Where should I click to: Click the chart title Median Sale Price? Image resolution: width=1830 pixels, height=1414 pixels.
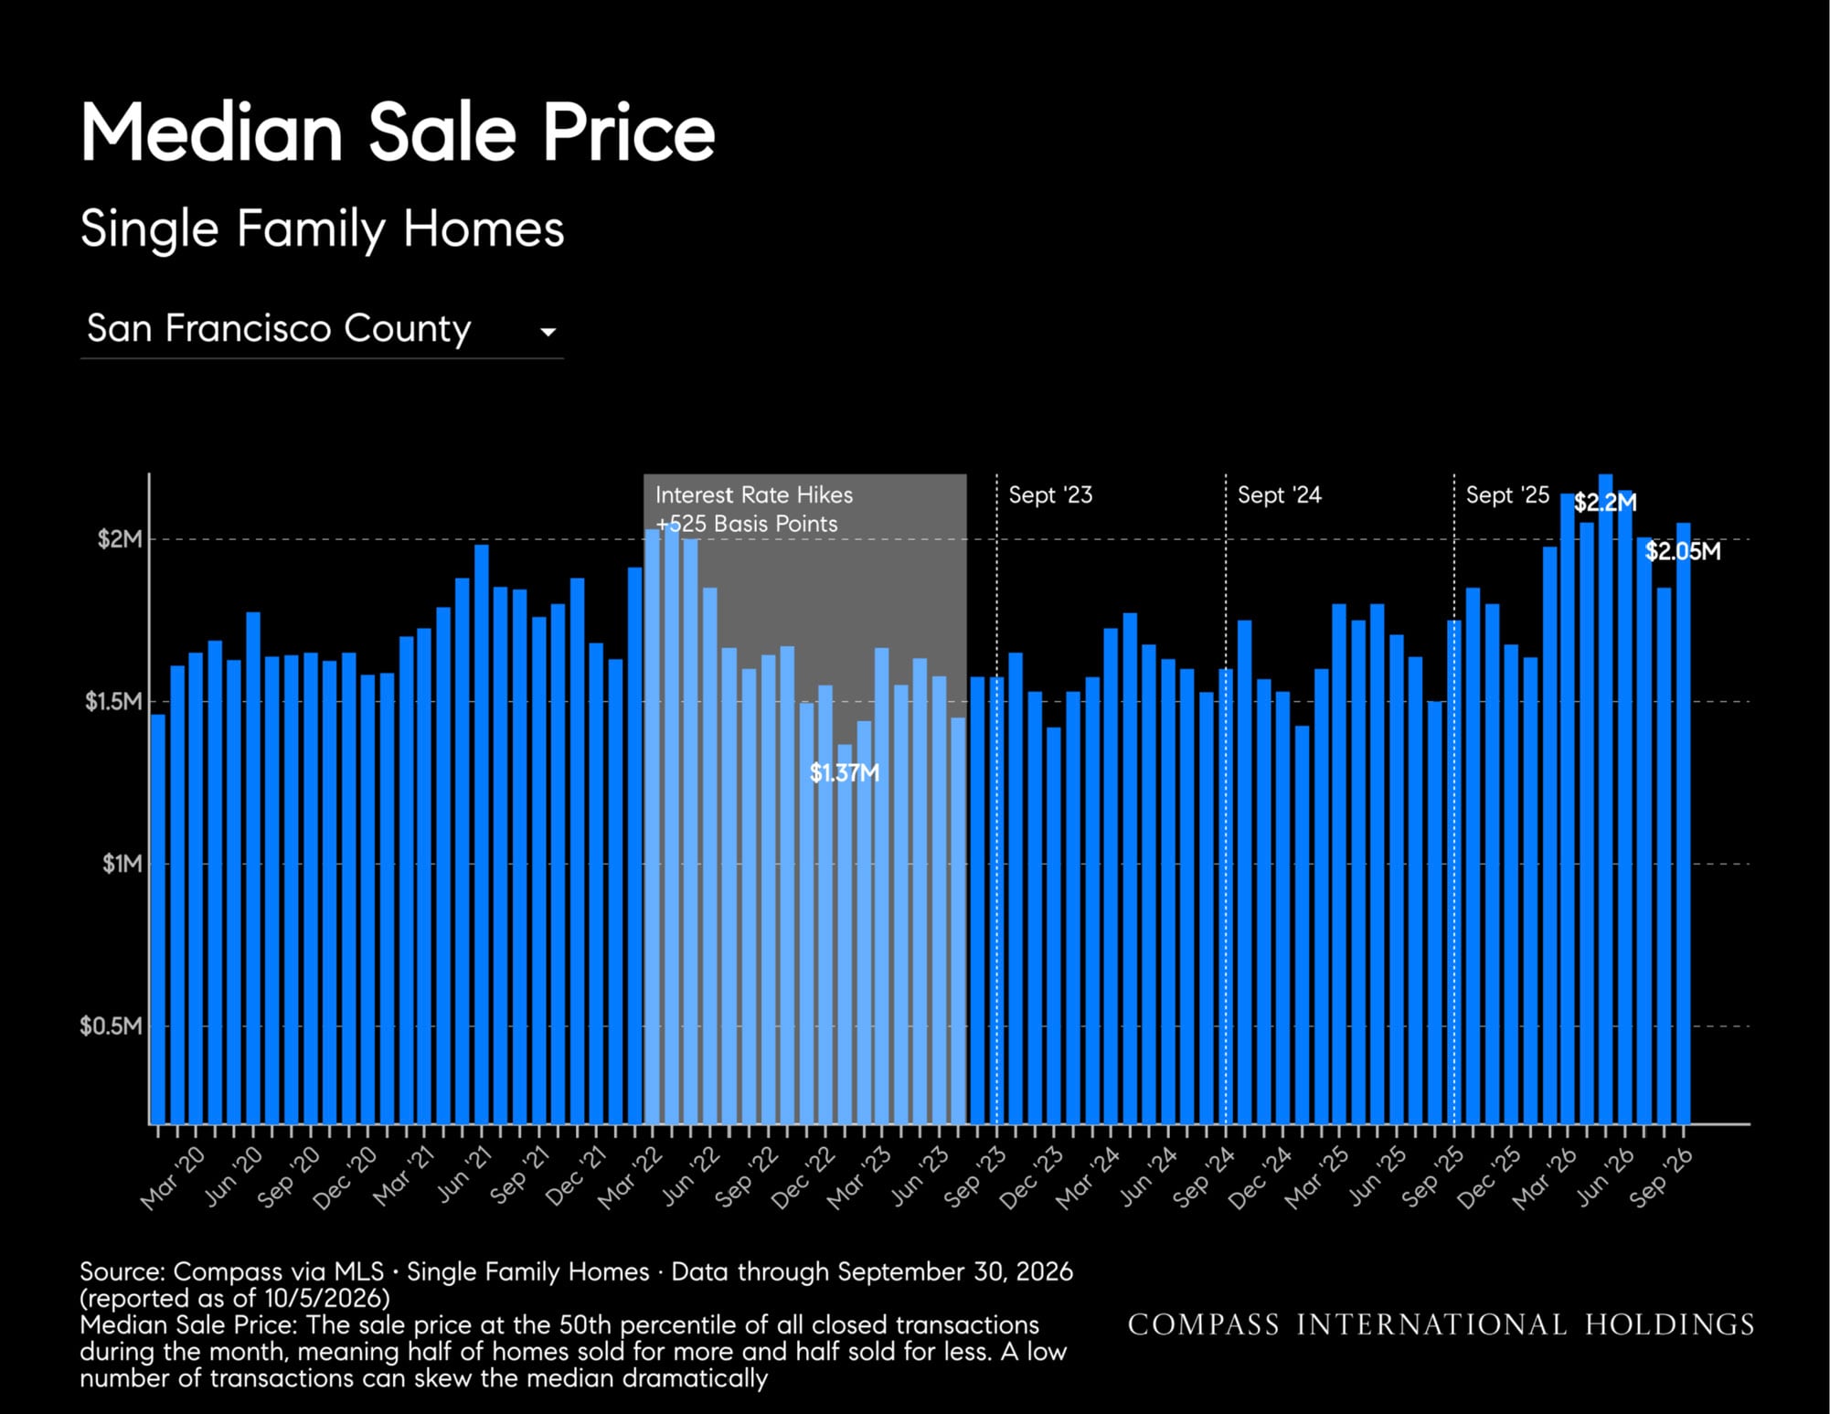click(398, 133)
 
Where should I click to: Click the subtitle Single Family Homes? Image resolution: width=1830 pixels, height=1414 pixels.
click(322, 229)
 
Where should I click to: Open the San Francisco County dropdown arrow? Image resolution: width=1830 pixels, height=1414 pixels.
click(548, 332)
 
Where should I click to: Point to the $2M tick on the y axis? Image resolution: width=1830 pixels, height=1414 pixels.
click(120, 539)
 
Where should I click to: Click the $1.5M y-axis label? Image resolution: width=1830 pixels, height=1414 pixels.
click(113, 701)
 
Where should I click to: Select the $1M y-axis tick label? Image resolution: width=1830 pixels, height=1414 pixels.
click(122, 864)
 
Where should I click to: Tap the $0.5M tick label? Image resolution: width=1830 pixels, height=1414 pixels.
click(111, 1026)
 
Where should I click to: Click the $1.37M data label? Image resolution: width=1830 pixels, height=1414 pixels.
click(845, 773)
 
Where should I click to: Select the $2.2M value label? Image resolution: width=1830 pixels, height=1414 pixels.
click(1605, 503)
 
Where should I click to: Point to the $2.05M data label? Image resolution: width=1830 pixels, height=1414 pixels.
click(1683, 551)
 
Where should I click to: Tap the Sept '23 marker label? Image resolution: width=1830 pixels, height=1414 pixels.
click(1050, 494)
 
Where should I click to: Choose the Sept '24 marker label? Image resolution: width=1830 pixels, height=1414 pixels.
click(1279, 494)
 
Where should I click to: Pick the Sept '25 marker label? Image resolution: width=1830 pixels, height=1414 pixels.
click(1507, 494)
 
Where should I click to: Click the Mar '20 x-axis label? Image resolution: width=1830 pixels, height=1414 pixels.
click(174, 1179)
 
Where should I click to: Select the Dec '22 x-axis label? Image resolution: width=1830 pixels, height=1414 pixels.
click(803, 1179)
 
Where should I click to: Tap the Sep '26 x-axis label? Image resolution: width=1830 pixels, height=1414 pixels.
click(1661, 1179)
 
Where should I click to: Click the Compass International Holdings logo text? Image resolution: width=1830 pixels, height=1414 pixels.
click(1441, 1324)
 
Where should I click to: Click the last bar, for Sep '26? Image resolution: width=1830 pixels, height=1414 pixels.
click(1683, 823)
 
